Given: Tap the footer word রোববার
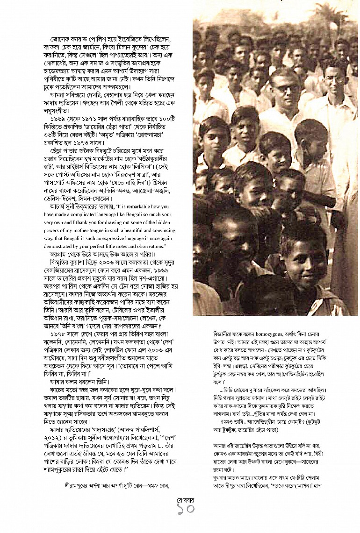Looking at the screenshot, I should pyautogui.click(x=180, y=500).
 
